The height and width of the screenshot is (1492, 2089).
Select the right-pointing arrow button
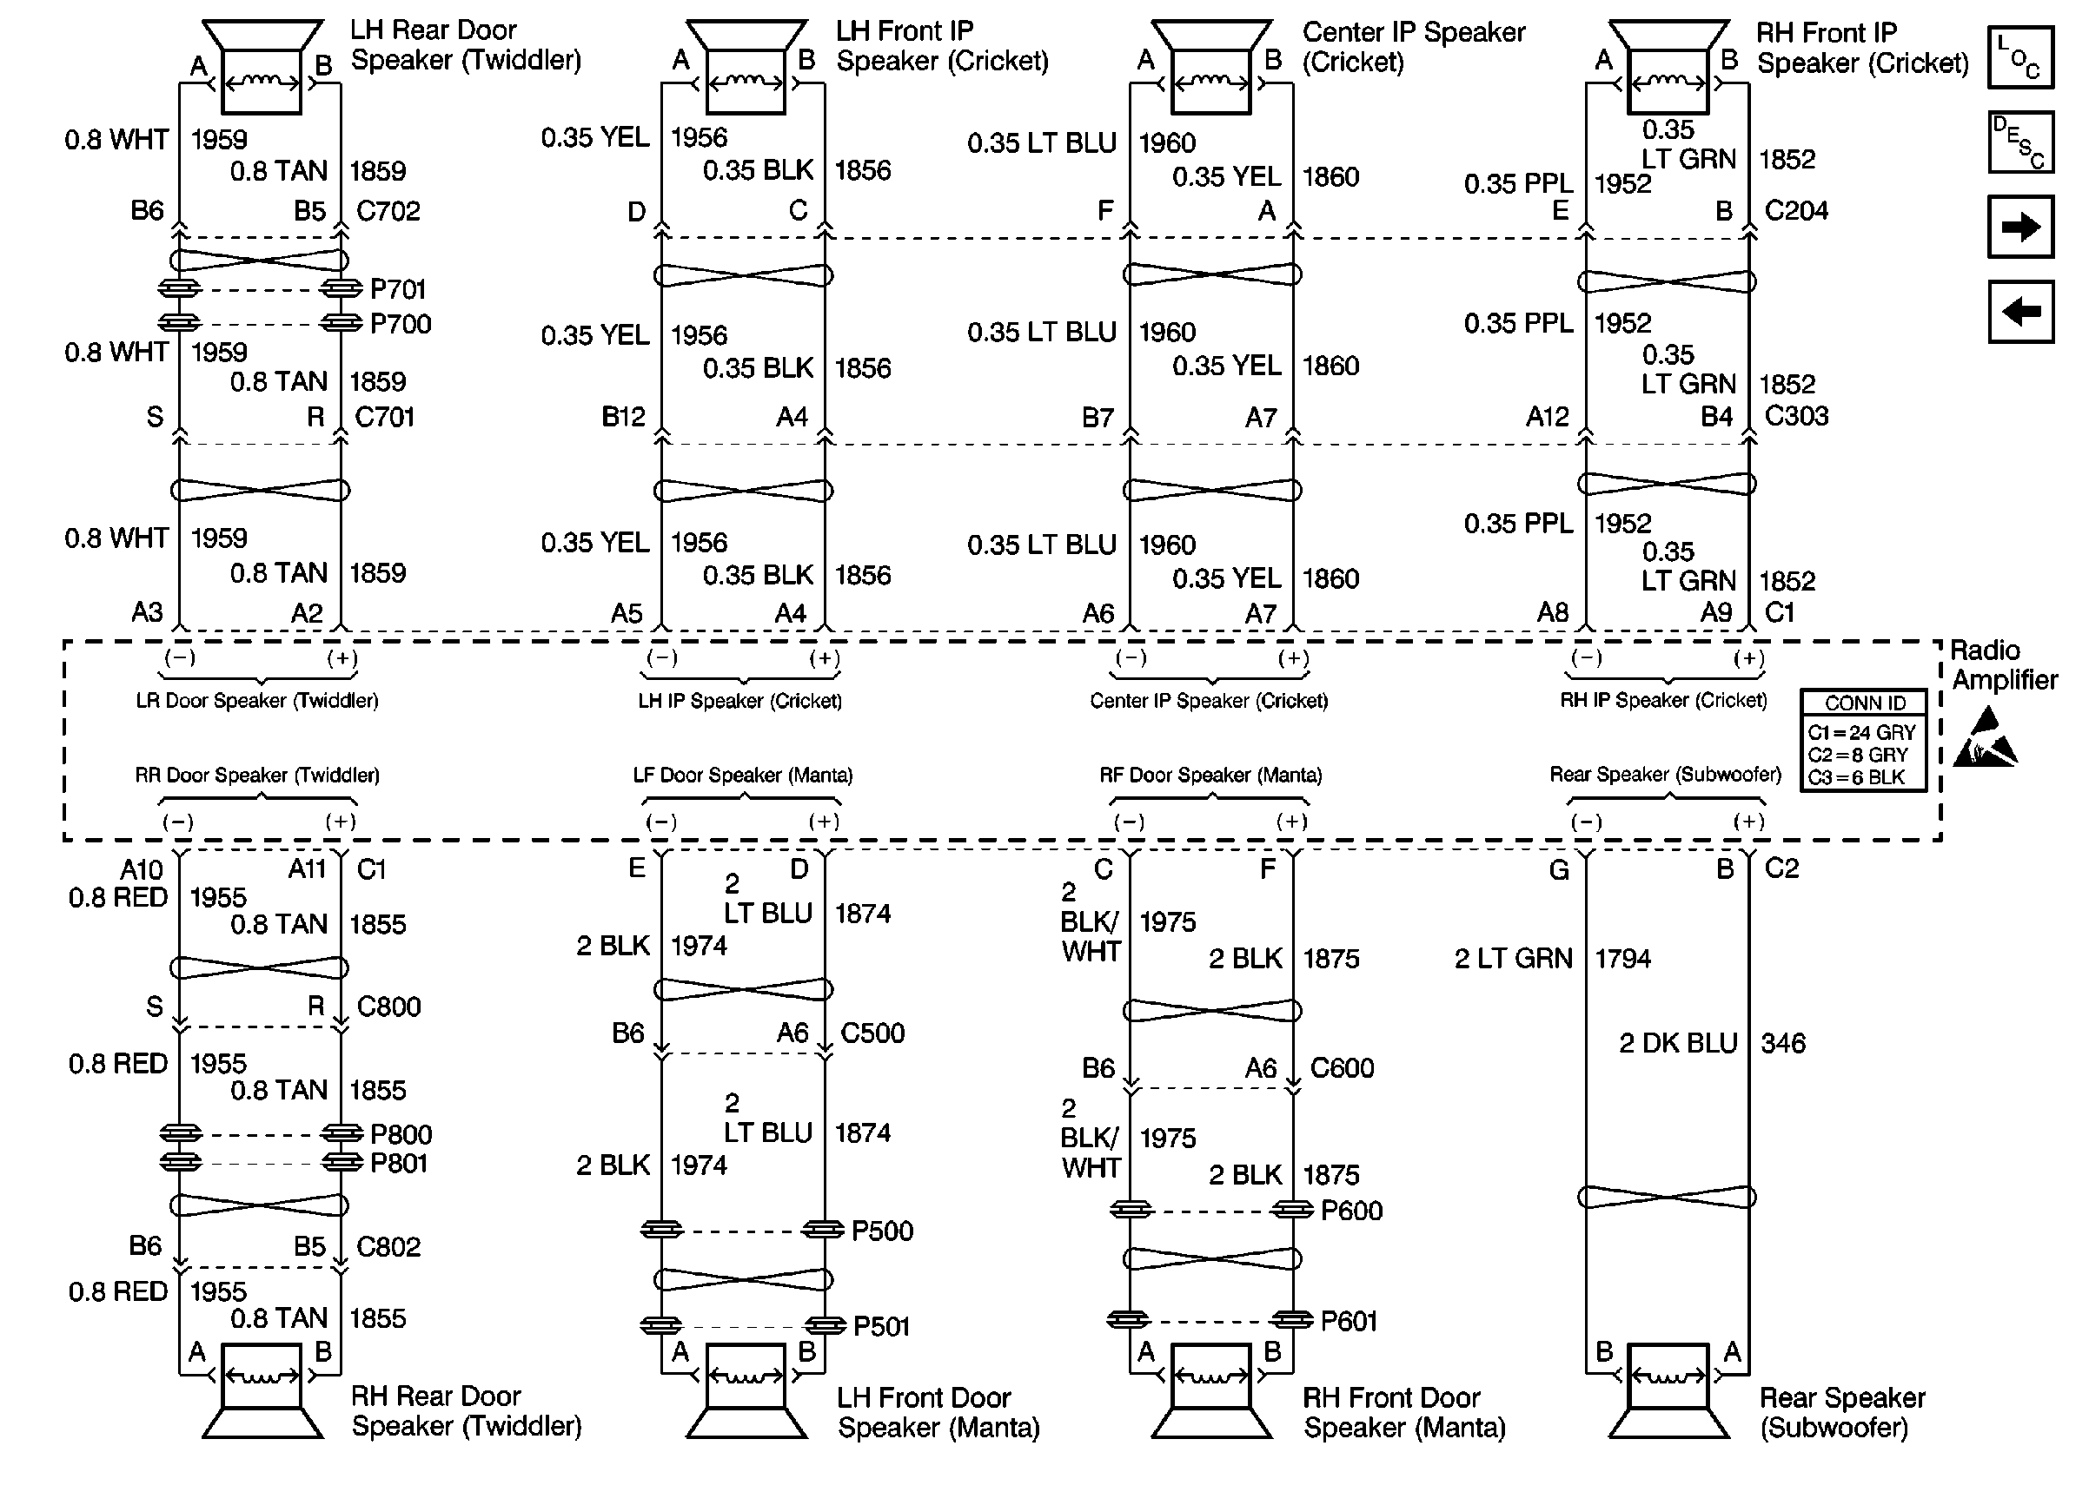2020,226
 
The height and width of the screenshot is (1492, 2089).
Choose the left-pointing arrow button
2020,312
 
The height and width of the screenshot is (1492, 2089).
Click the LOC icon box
2020,57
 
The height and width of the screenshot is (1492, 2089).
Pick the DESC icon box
2020,142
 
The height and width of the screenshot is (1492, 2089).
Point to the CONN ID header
1865,703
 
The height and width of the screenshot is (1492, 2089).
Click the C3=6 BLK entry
1855,777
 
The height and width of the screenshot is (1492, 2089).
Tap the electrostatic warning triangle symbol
1985,737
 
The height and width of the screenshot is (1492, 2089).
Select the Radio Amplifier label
2003,665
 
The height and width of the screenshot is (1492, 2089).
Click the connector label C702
388,211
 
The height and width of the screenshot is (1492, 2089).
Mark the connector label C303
1796,416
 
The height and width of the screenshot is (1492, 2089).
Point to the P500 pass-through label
881,1231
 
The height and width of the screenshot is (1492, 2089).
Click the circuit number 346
1783,1044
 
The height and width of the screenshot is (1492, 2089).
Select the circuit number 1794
1622,959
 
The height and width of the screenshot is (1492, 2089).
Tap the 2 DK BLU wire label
1678,1044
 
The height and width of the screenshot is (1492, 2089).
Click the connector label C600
1342,1068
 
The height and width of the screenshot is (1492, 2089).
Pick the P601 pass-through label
1349,1321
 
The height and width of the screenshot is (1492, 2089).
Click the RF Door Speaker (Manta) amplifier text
1210,776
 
